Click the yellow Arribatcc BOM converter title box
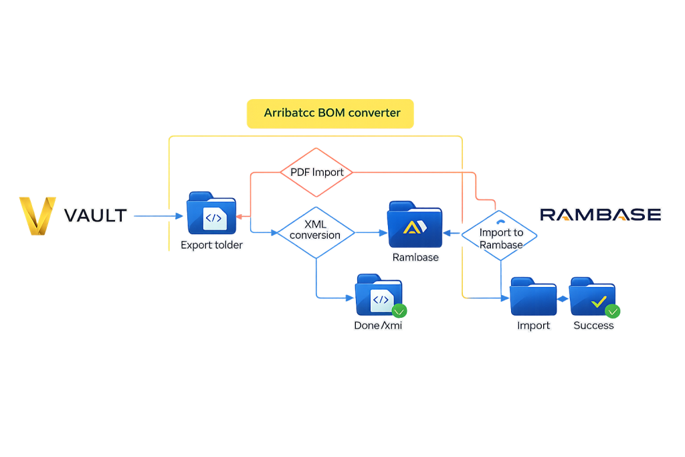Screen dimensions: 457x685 click(330, 113)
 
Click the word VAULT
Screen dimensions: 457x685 click(95, 215)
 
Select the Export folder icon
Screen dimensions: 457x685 click(211, 213)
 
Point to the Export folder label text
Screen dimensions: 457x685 click(211, 246)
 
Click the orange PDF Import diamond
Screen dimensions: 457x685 click(317, 173)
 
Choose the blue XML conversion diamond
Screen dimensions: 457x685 click(314, 231)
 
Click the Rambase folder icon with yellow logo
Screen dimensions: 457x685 click(414, 223)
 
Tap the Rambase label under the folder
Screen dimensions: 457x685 click(415, 257)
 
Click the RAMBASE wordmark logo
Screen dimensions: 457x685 click(600, 215)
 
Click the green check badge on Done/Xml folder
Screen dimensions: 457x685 click(399, 311)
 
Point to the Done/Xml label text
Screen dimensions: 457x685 click(378, 326)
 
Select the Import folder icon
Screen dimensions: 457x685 click(533, 296)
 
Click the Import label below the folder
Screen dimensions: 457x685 click(533, 326)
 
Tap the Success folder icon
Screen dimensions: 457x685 click(591, 296)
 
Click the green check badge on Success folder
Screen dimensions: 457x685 click(612, 311)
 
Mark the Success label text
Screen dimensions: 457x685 click(593, 326)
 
